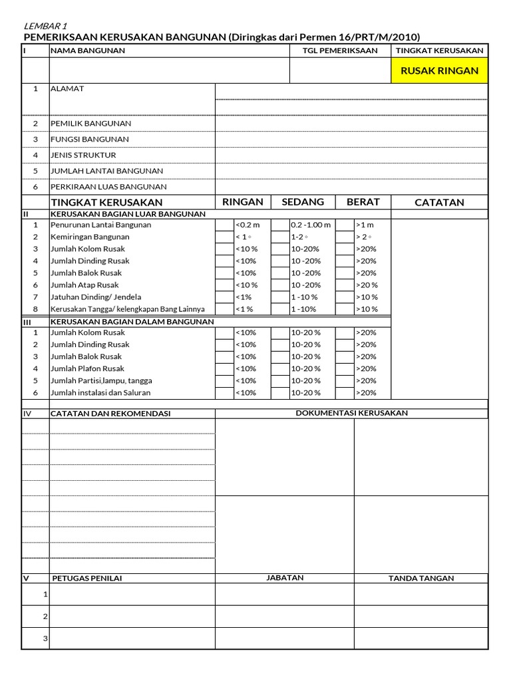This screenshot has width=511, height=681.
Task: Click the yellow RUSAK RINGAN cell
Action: pos(439,70)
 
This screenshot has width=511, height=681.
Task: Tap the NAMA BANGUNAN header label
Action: pos(88,51)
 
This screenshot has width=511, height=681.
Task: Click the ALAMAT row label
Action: pos(67,88)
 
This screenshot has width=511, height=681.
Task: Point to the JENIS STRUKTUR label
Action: pos(83,155)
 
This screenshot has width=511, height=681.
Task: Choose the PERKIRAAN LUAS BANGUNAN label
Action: pos(108,187)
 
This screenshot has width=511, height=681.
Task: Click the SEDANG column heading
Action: pos(303,202)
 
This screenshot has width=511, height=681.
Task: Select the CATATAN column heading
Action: pos(439,202)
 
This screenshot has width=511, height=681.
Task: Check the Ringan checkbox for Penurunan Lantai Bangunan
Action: pos(224,225)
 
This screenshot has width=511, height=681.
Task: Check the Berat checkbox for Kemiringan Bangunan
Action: pos(344,237)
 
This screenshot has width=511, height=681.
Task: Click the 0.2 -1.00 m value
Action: pos(311,225)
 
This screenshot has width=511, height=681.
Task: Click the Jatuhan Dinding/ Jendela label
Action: pos(96,297)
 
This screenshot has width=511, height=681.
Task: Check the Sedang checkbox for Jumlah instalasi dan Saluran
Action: pos(280,392)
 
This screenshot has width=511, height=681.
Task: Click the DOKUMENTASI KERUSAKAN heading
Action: pos(351,413)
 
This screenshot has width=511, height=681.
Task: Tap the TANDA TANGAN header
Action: pos(421,578)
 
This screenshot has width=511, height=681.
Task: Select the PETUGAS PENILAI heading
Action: pos(87,578)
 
